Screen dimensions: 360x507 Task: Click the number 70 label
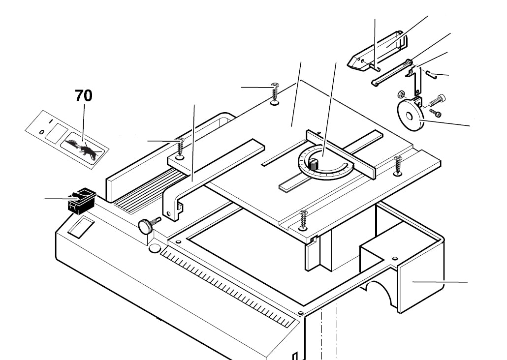click(84, 96)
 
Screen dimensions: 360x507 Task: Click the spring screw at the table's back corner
click(275, 94)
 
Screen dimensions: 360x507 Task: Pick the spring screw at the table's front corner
click(304, 220)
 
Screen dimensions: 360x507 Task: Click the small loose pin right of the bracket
click(431, 74)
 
